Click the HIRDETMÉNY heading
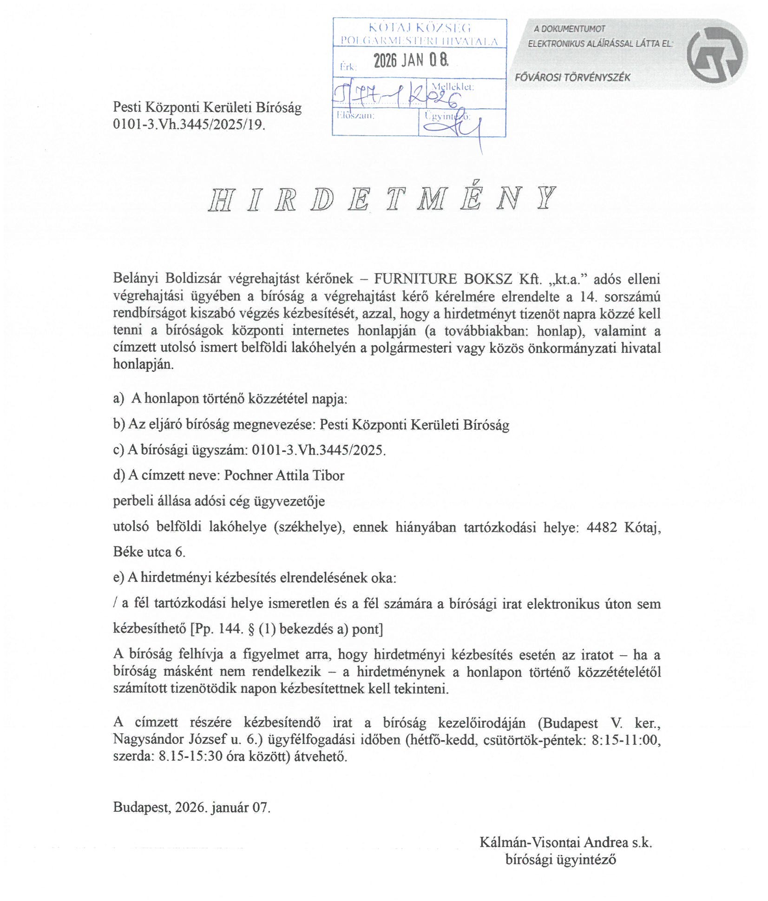point(382,199)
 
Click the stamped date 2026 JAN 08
point(411,60)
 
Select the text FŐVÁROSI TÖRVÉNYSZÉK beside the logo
point(572,78)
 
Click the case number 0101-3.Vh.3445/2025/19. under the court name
point(189,125)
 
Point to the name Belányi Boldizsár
point(167,279)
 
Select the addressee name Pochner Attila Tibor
point(284,475)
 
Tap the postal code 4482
point(602,527)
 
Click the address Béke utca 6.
point(149,552)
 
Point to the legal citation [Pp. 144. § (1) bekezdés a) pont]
point(287,629)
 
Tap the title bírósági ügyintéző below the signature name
point(560,860)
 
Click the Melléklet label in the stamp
point(452,87)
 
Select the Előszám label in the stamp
point(355,115)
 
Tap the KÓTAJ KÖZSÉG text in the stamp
point(420,27)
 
